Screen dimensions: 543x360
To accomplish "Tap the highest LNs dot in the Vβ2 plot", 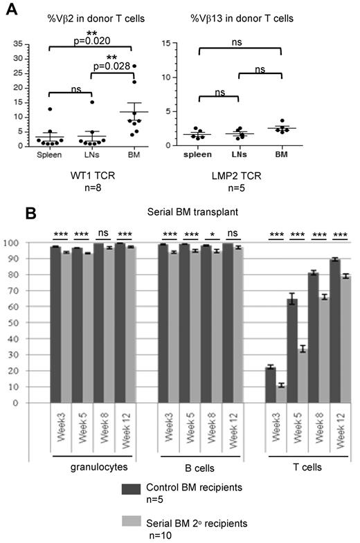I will [x=91, y=102].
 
